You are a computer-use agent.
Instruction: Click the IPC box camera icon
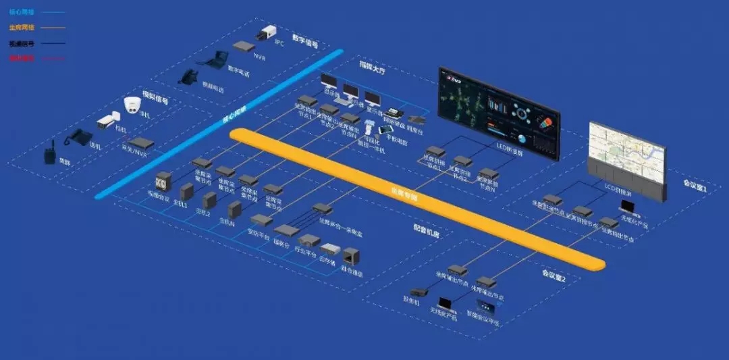point(266,32)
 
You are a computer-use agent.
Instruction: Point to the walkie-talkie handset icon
point(49,153)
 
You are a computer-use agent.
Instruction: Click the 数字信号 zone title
point(305,42)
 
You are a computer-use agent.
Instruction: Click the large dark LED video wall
point(499,113)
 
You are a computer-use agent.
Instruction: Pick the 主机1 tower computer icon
point(187,191)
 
